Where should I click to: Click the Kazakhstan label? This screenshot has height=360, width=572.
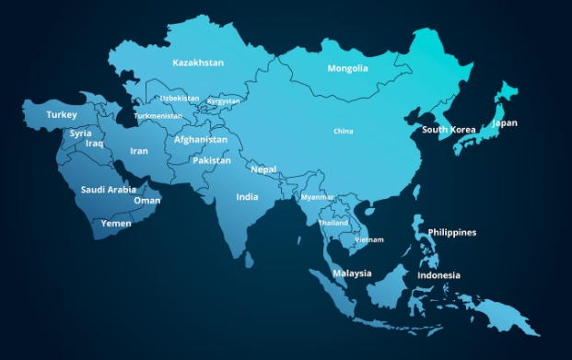(198, 63)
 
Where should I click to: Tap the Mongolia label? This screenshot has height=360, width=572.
(347, 68)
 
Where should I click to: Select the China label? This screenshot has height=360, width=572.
(343, 132)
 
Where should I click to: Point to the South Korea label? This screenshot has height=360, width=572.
(449, 130)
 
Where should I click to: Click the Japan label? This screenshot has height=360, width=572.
(505, 122)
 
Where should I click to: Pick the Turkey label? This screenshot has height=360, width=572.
(62, 115)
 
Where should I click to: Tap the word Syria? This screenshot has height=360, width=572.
(80, 134)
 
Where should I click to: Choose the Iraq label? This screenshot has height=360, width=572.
(94, 144)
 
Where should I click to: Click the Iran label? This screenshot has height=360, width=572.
(138, 151)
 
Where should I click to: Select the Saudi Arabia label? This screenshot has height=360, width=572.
(108, 190)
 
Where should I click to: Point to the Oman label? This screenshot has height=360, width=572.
(147, 201)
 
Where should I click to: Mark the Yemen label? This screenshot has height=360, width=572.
(116, 223)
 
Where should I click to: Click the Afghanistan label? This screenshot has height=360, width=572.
(201, 140)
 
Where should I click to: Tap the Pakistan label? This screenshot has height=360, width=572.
(211, 160)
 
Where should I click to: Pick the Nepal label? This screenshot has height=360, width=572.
(263, 169)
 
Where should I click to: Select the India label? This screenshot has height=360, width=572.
(247, 197)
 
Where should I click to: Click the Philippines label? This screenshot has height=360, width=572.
(452, 232)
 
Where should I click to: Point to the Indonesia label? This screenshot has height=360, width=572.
(438, 275)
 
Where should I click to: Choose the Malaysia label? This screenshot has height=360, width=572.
(352, 273)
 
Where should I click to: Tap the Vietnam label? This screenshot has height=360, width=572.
(369, 240)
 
